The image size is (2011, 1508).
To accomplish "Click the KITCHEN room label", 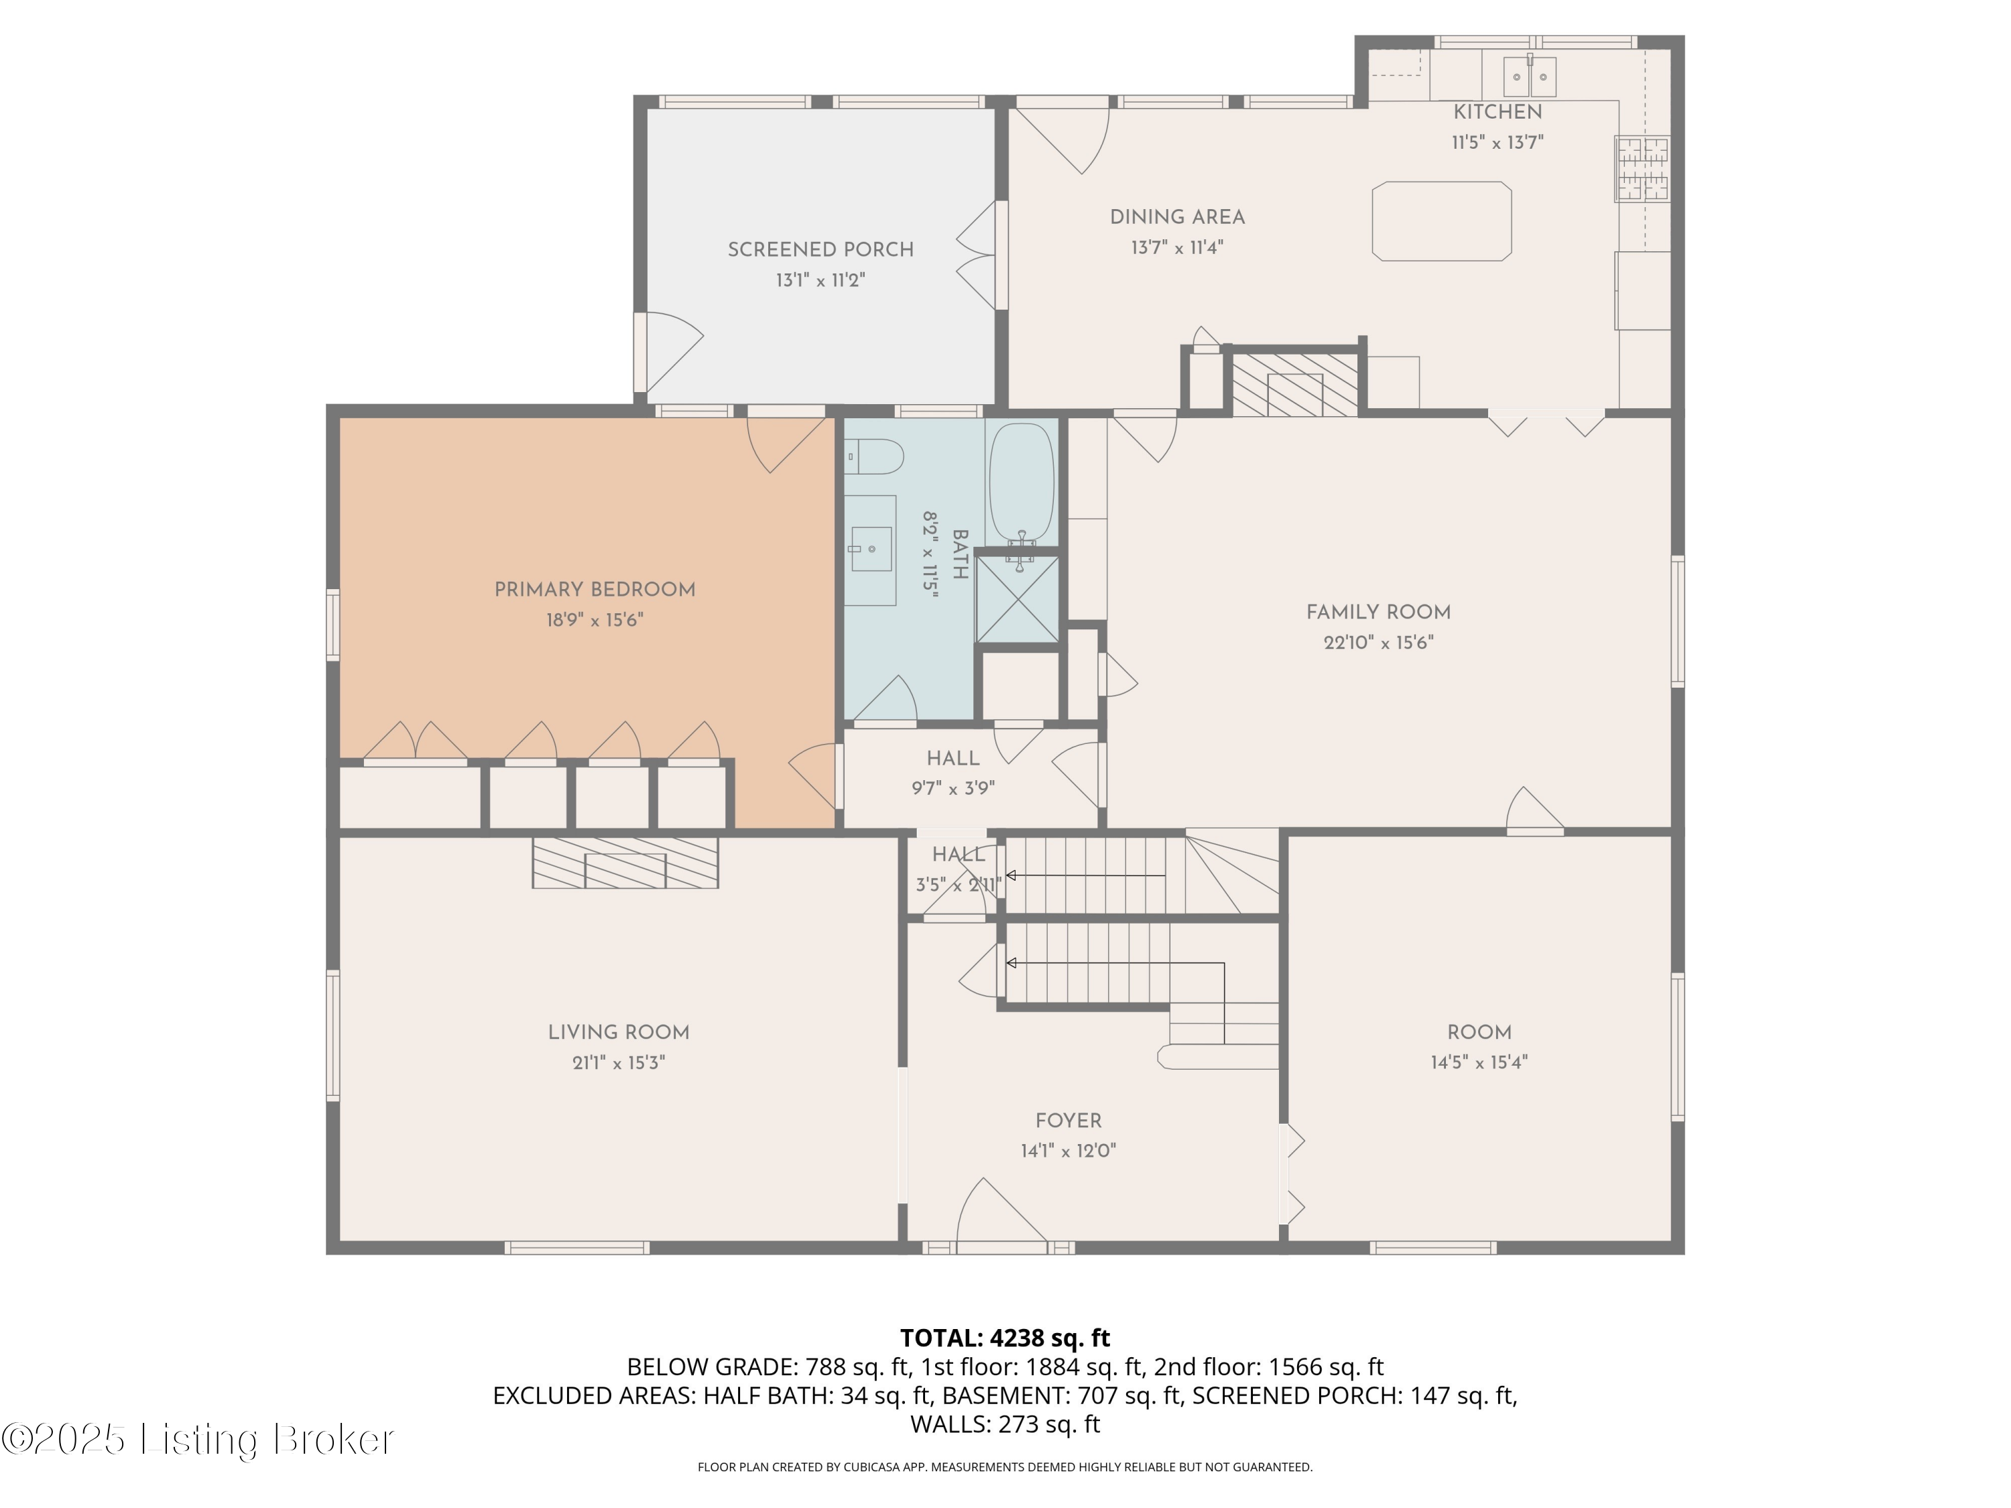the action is pyautogui.click(x=1498, y=112).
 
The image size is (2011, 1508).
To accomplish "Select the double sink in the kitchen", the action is pyautogui.click(x=1530, y=76).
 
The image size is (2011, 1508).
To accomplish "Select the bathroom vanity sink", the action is pyautogui.click(x=871, y=548).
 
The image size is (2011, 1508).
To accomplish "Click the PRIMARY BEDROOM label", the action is pyautogui.click(x=595, y=590).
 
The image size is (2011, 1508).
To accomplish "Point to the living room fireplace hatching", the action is pyautogui.click(x=625, y=863).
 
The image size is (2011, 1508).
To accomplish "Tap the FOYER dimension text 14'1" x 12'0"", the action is pyautogui.click(x=1069, y=1151).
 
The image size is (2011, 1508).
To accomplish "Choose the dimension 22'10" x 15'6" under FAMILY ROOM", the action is pyautogui.click(x=1378, y=643).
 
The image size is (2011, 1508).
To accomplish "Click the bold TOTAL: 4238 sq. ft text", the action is pyautogui.click(x=1005, y=1338).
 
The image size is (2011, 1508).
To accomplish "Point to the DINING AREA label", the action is pyautogui.click(x=1177, y=217).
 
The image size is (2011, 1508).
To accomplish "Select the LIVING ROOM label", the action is pyautogui.click(x=618, y=1033).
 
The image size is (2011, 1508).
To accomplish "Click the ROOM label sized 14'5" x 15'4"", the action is pyautogui.click(x=1479, y=1033).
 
